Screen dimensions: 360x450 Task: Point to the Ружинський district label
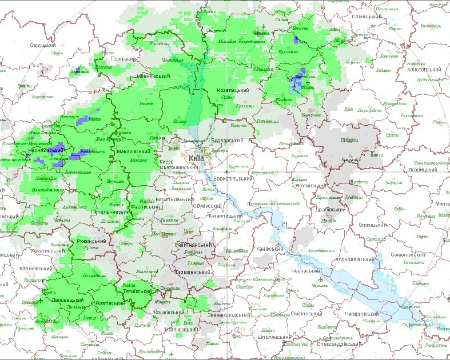click(x=90, y=241)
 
